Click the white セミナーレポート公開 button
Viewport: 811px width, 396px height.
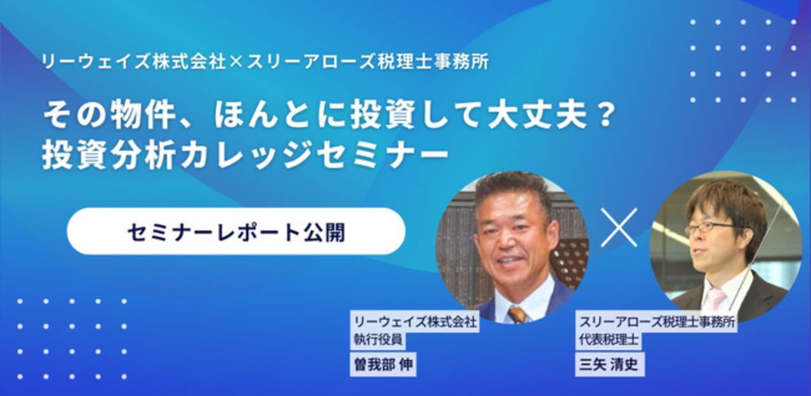tap(235, 232)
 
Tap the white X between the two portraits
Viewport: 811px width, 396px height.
tap(619, 227)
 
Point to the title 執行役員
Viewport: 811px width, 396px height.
tap(379, 340)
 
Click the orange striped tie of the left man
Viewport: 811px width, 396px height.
tap(517, 314)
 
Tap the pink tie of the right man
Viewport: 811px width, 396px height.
tap(716, 298)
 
